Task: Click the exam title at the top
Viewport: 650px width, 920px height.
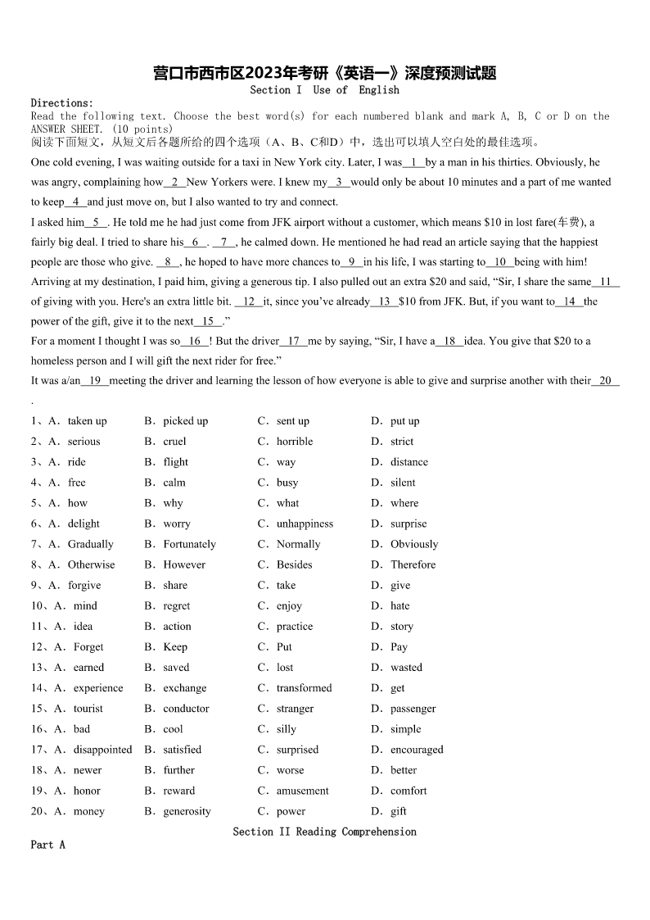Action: coord(324,73)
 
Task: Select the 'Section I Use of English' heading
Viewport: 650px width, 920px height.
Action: coord(324,90)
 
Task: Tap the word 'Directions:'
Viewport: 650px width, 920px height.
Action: coord(62,103)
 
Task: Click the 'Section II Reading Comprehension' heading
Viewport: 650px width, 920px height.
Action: coord(324,832)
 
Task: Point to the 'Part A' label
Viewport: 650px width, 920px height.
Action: coord(47,845)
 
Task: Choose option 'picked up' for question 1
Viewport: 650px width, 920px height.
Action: coord(185,421)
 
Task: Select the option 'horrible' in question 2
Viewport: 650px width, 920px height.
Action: coord(295,442)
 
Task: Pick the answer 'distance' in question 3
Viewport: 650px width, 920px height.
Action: coord(409,462)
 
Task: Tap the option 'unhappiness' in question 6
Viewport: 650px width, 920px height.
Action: coord(305,523)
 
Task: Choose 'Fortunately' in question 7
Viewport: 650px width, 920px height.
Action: coord(189,544)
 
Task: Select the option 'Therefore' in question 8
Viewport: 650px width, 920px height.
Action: coord(413,564)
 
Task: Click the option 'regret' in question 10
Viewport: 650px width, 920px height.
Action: coord(176,606)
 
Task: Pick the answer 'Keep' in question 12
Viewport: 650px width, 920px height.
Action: coord(175,647)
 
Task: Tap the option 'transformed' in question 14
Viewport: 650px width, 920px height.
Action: coord(304,688)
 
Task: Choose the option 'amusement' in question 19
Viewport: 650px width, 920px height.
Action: coord(302,791)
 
